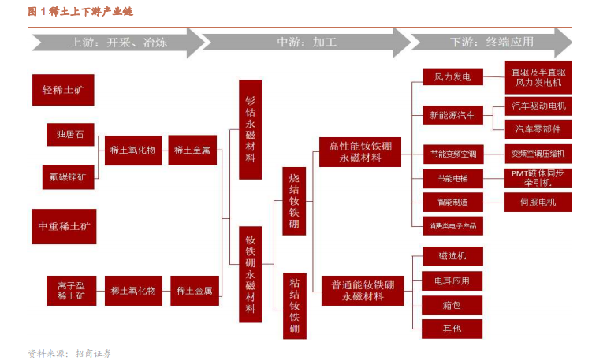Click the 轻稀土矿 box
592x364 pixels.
pyautogui.click(x=63, y=90)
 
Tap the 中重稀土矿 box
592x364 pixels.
pyautogui.click(x=63, y=225)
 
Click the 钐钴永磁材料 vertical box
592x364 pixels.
pyautogui.click(x=250, y=129)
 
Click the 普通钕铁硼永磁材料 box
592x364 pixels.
pyautogui.click(x=361, y=290)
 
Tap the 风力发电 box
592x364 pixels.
pyautogui.click(x=452, y=76)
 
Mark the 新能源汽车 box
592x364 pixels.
pyautogui.click(x=452, y=115)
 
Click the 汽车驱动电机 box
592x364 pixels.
pyautogui.click(x=538, y=106)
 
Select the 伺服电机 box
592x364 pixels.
pyautogui.click(x=538, y=202)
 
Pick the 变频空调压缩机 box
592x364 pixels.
pyautogui.click(x=538, y=153)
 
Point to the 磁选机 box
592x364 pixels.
pyautogui.click(x=452, y=256)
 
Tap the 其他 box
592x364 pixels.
pyautogui.click(x=452, y=328)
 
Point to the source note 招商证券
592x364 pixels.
pyautogui.click(x=94, y=354)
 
